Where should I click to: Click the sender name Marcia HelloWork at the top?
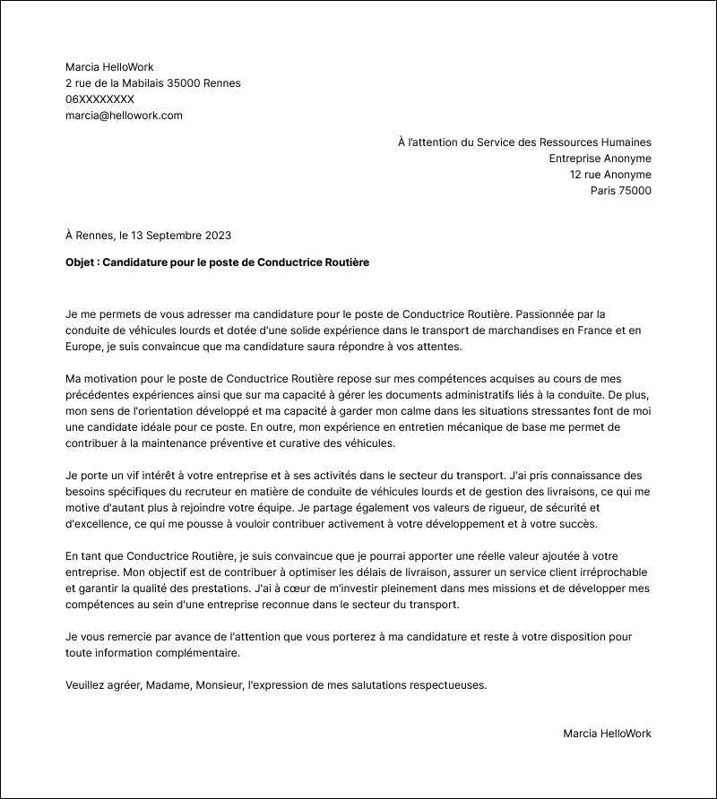(109, 67)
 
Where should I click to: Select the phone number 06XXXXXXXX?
(99, 99)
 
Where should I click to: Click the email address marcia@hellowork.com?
(124, 116)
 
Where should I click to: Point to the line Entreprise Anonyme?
(600, 159)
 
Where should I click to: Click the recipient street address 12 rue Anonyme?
(610, 175)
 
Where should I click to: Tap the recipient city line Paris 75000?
(620, 191)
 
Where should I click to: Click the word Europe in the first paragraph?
(84, 347)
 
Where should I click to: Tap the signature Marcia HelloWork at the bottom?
(607, 734)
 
